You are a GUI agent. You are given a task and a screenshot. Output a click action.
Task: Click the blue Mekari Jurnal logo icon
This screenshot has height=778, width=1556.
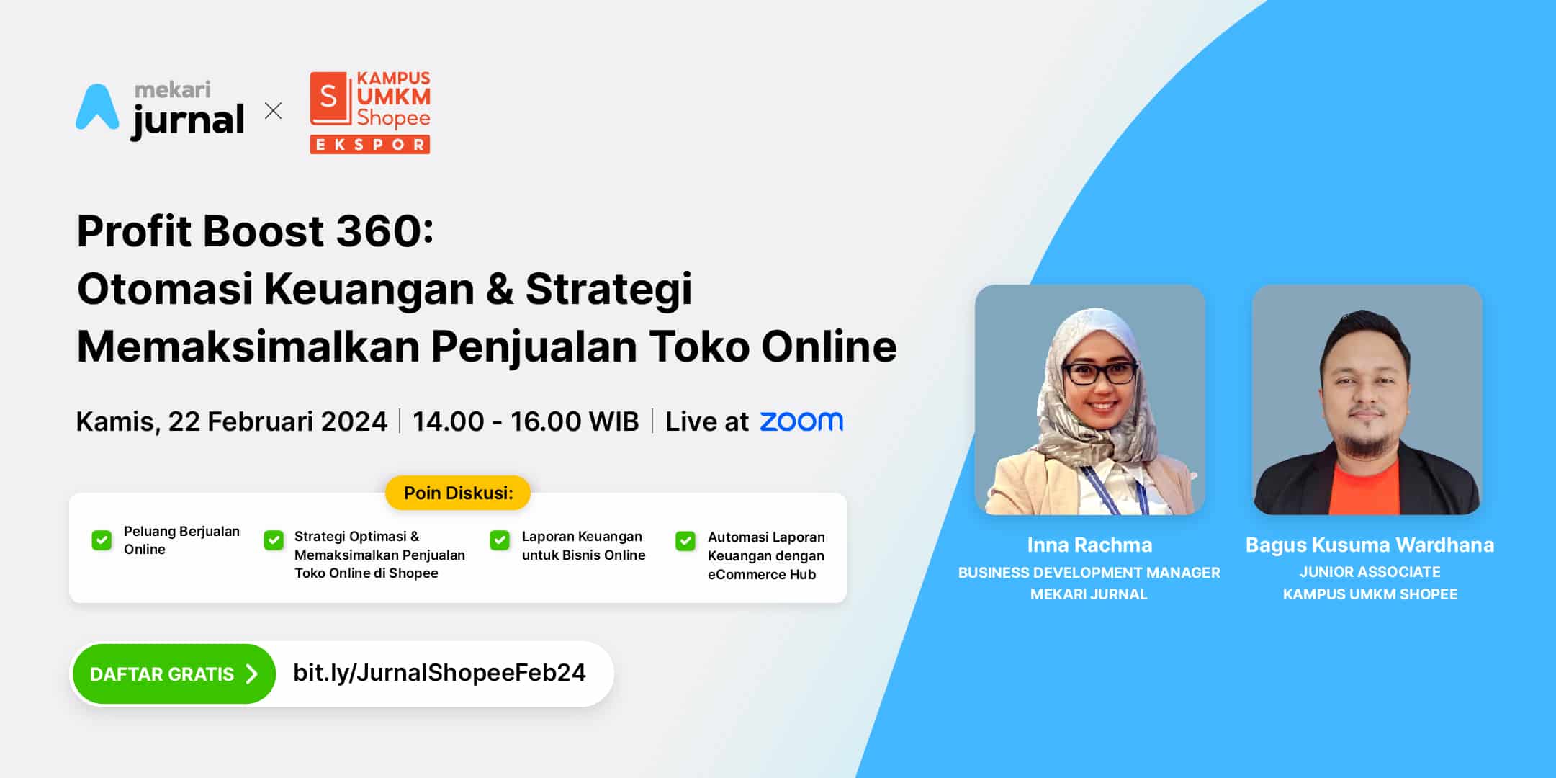coord(97,108)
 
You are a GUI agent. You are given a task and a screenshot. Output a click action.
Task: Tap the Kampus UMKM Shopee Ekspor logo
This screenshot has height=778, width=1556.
coord(370,112)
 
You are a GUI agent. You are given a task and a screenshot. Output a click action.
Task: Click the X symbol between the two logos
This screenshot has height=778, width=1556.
coord(273,111)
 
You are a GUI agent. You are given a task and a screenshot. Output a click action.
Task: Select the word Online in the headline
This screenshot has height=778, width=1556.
coord(829,346)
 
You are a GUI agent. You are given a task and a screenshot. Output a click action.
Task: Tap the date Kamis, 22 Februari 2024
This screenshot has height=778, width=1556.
coord(232,421)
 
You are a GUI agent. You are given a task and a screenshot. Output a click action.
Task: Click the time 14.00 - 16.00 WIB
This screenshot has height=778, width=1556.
coord(526,421)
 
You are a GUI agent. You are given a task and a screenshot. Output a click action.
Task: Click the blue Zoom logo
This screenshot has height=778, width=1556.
coord(801,421)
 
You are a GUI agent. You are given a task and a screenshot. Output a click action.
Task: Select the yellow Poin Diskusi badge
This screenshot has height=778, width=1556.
coord(458,493)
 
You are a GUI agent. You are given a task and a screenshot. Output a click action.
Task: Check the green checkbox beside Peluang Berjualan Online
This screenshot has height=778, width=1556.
coord(102,540)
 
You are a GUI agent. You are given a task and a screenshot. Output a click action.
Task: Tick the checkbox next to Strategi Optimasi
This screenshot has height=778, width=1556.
coord(274,540)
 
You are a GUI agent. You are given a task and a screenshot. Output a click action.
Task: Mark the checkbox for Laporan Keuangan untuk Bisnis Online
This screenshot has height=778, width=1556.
coord(500,540)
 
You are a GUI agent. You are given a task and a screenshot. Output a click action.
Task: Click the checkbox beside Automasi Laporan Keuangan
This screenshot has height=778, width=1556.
coord(685,540)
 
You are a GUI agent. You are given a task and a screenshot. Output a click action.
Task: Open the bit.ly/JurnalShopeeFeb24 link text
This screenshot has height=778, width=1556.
coord(439,673)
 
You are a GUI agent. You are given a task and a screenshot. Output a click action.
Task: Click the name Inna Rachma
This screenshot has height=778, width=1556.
coord(1089,545)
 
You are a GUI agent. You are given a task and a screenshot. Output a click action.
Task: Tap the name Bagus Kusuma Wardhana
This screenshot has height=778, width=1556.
coord(1370,545)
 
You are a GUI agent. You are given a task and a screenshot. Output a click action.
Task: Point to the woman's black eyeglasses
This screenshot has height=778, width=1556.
coord(1099,372)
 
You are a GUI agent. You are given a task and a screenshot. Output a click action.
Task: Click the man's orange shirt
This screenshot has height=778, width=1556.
coord(1366,486)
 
